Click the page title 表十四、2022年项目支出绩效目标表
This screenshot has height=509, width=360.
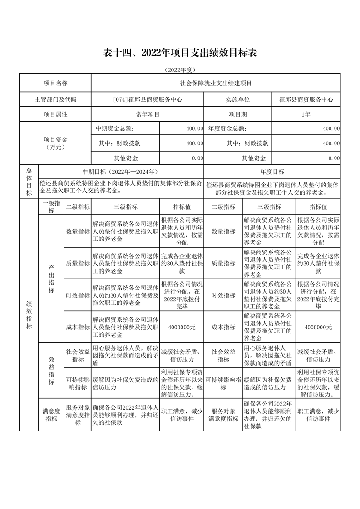pos(180,53)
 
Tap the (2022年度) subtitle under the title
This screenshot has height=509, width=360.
pos(180,70)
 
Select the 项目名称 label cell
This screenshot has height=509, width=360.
pos(55,83)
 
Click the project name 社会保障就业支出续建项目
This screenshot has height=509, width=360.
pos(216,83)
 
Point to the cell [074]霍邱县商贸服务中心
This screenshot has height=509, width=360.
pos(148,99)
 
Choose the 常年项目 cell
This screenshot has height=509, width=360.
pos(148,114)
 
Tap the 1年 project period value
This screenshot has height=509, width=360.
pos(306,114)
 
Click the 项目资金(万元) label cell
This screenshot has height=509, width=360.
pos(55,143)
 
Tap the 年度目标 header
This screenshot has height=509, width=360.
pos(272,172)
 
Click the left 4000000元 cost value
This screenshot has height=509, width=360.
pos(182,327)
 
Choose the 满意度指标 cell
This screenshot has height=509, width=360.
pos(51,415)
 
